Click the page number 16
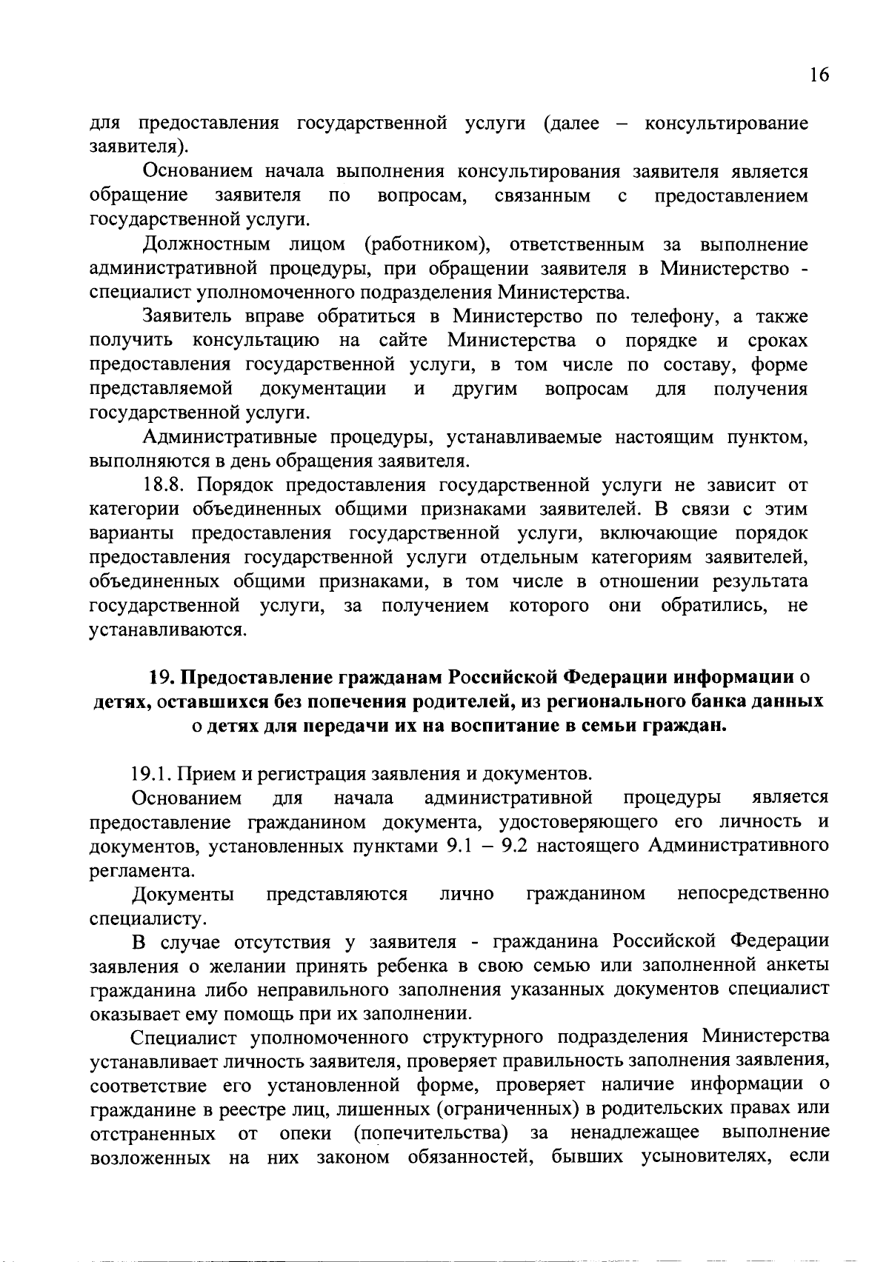[x=819, y=76]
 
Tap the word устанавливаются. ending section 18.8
[x=167, y=630]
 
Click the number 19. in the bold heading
[x=162, y=678]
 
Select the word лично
[x=467, y=894]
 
